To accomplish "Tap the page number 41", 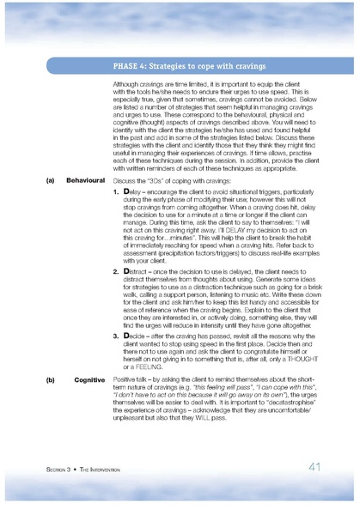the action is pyautogui.click(x=314, y=468).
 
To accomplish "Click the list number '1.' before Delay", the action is pyautogui.click(x=116, y=193).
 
